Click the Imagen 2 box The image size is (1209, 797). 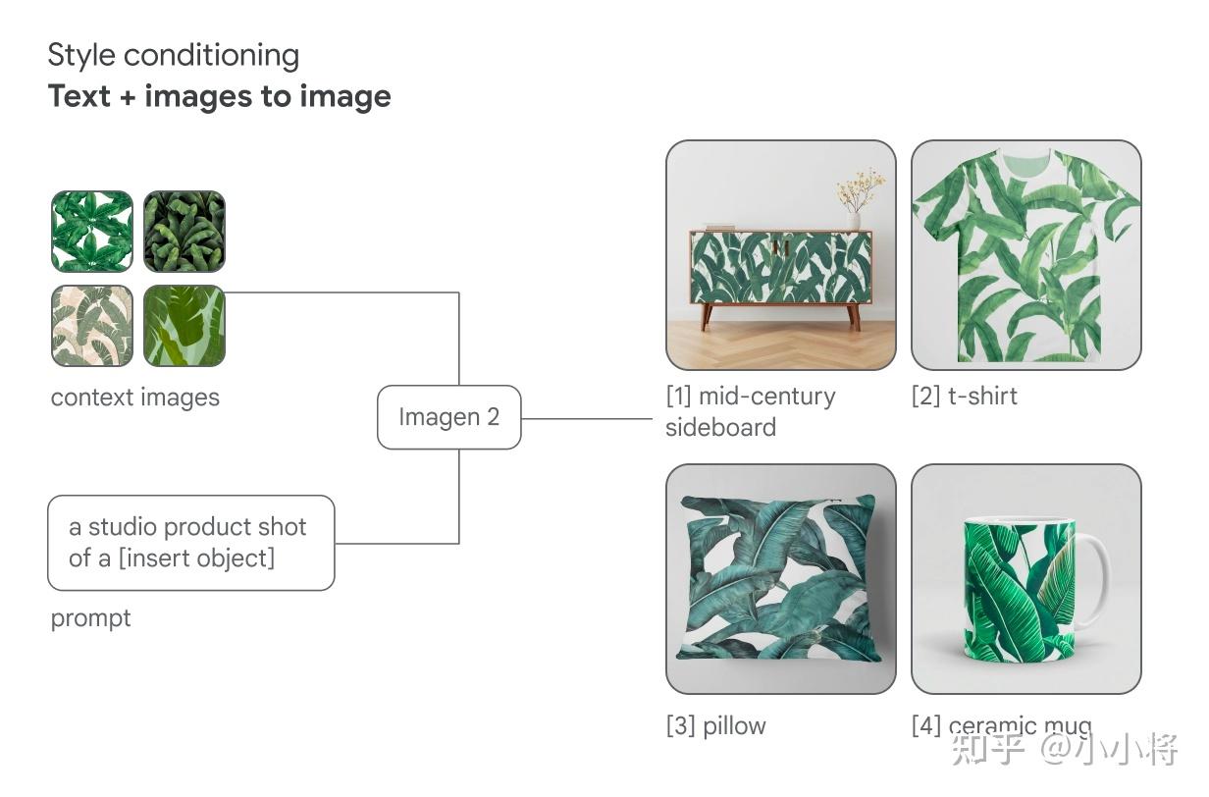click(449, 417)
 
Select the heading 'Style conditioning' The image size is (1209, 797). click(174, 56)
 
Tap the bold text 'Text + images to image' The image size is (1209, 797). click(219, 96)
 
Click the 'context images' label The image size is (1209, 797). click(135, 398)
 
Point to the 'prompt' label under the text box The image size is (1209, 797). click(90, 618)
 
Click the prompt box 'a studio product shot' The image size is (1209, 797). click(191, 543)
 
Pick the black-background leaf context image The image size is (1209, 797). click(184, 231)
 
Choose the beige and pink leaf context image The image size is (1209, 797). click(92, 326)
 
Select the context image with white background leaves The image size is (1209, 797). click(92, 231)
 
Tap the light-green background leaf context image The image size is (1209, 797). click(184, 326)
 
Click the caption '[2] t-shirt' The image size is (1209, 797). click(964, 397)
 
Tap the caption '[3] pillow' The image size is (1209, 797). click(715, 726)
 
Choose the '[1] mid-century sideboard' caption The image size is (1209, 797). click(750, 412)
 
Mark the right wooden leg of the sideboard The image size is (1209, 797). click(854, 317)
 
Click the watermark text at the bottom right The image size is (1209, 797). click(1064, 750)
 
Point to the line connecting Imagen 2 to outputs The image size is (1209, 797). click(587, 418)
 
